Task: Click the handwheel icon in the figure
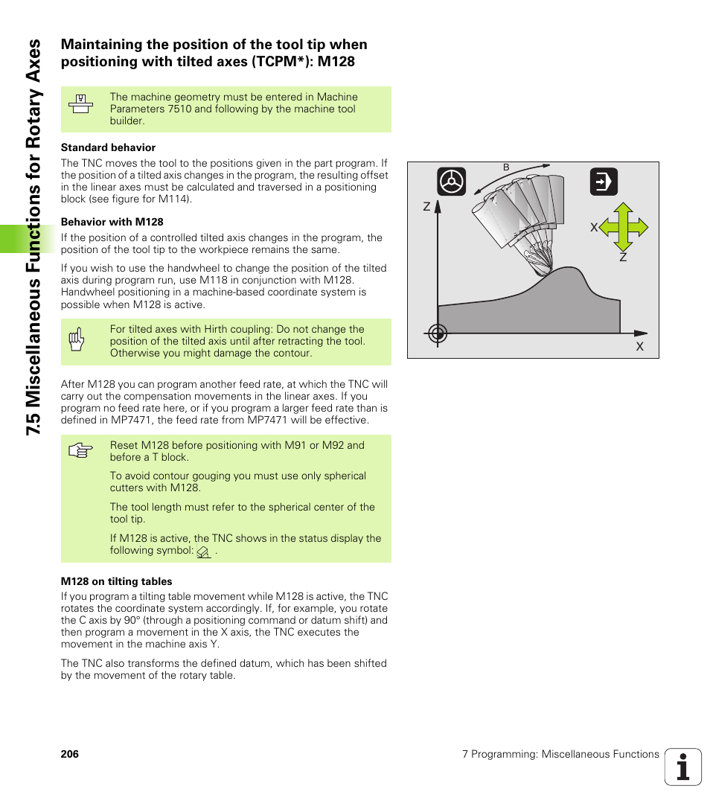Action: point(452,182)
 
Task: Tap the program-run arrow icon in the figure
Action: point(604,182)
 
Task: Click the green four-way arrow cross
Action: point(624,227)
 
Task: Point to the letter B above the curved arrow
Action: point(506,167)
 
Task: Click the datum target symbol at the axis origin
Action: point(438,334)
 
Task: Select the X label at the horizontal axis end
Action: point(639,347)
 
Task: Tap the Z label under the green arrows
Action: point(623,257)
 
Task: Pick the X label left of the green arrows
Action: point(594,227)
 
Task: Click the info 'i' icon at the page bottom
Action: point(683,767)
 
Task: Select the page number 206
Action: point(70,754)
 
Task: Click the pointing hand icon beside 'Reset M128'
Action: point(80,451)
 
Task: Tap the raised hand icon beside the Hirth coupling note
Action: point(76,339)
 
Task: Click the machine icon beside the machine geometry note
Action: point(80,104)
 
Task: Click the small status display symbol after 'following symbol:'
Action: point(203,552)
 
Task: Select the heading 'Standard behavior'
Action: point(108,147)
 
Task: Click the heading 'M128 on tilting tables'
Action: point(116,581)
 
